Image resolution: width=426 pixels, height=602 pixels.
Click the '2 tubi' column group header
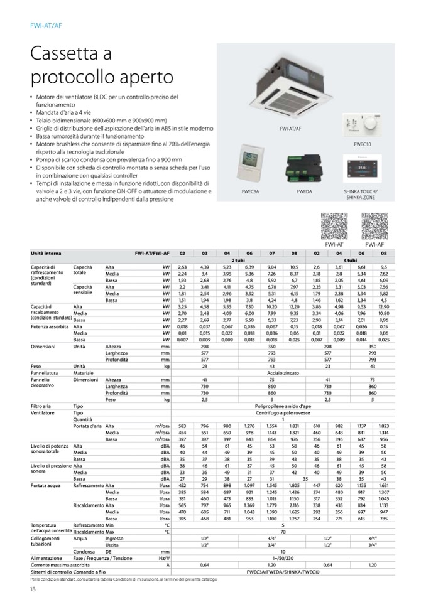(x=238, y=260)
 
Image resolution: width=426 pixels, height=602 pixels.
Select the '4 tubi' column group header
(x=350, y=260)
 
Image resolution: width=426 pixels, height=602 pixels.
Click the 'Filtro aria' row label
(x=42, y=407)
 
